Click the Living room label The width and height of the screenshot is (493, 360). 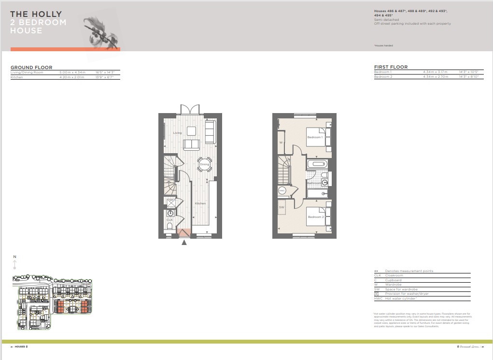click(178, 133)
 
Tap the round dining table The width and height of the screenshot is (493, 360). click(204, 165)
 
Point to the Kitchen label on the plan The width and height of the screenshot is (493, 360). click(200, 203)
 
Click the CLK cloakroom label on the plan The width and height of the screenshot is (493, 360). click(169, 220)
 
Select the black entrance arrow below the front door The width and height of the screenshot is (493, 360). click(184, 243)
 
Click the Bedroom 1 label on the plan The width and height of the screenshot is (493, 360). click(315, 137)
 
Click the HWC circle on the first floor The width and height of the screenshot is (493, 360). click(282, 190)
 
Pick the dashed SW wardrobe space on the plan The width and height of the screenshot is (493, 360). click(282, 207)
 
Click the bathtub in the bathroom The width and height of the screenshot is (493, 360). click(317, 164)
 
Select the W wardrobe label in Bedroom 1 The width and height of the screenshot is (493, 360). click(281, 143)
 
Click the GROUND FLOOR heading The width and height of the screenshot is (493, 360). click(31, 68)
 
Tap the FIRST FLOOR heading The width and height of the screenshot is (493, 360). click(391, 67)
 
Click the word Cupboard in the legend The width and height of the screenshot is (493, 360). click(393, 280)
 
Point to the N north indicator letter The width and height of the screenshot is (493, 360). click(15, 257)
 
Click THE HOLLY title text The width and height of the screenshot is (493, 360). click(36, 14)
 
